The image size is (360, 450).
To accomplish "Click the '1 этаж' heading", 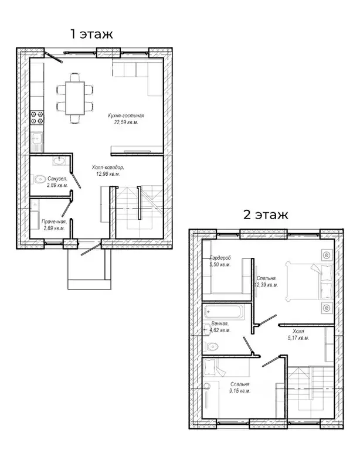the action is click(91, 34).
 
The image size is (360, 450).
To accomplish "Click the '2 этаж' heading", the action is click(266, 214).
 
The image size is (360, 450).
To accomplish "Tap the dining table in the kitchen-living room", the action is click(75, 98).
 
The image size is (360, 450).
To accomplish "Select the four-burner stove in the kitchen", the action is click(37, 117).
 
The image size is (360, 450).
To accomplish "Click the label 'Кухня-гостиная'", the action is click(126, 115).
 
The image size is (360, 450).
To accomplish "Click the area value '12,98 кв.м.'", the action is click(108, 174).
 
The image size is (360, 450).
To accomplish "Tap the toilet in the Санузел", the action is click(39, 179).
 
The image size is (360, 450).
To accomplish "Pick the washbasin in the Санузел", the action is click(59, 161).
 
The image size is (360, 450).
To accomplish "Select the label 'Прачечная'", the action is click(54, 221).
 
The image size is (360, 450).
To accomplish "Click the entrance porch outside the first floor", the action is click(89, 269).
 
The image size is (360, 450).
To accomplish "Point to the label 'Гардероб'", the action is click(220, 258).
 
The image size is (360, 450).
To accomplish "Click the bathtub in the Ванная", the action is click(224, 312).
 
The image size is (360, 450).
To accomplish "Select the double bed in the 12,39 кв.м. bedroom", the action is click(309, 282).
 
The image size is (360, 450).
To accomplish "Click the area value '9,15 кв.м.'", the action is click(240, 391).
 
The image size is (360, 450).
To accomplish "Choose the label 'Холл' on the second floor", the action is click(298, 331).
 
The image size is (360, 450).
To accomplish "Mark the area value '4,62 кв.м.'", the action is click(220, 330).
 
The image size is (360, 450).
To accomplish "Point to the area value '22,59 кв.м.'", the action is click(126, 122).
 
